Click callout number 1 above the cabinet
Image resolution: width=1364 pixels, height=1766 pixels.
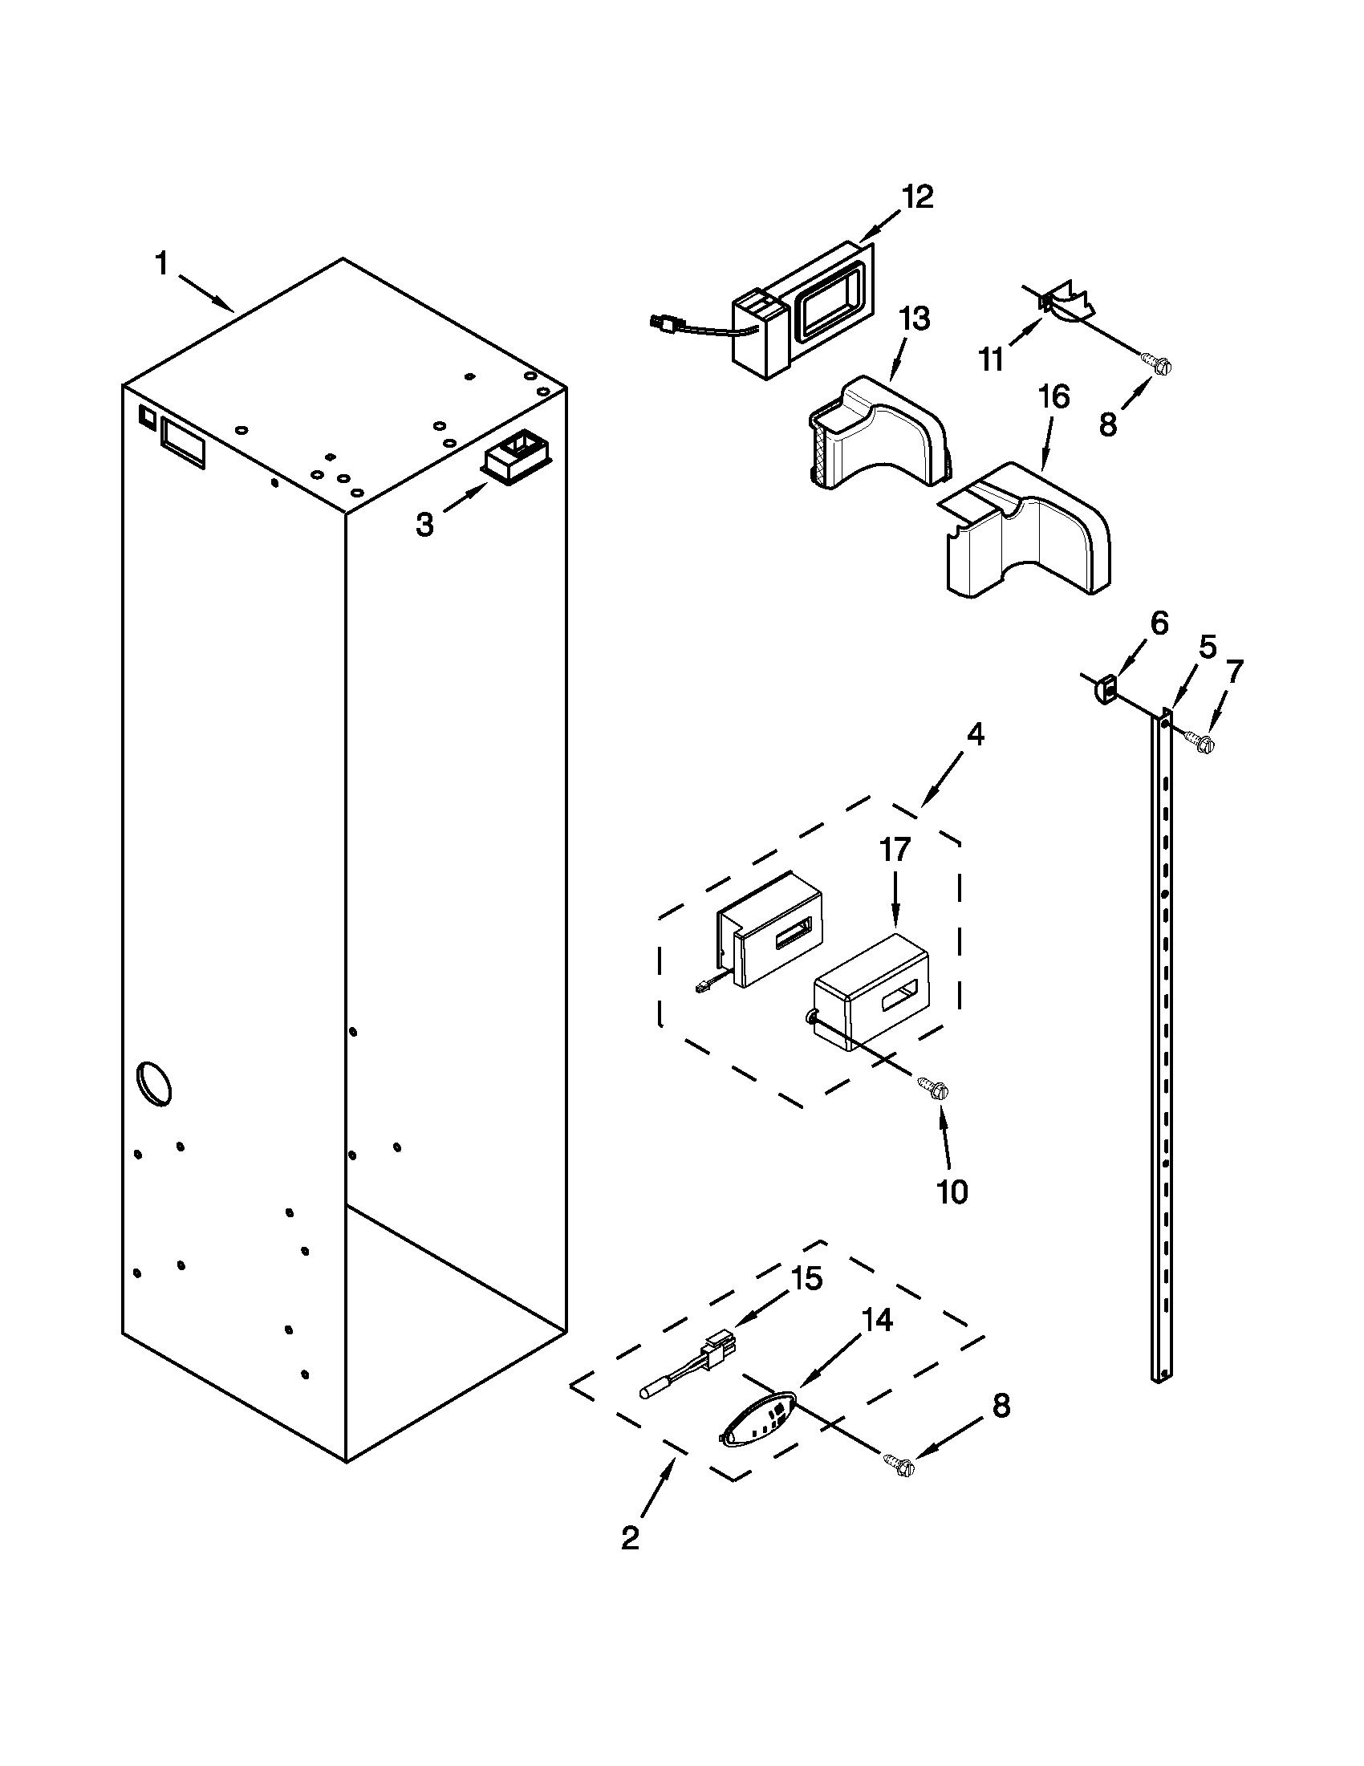[162, 264]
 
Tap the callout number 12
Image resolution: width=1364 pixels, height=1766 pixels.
[917, 197]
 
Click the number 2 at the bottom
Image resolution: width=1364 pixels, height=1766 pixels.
[630, 1538]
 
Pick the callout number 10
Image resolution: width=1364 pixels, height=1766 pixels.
[952, 1191]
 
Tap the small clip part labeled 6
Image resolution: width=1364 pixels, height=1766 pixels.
[1106, 692]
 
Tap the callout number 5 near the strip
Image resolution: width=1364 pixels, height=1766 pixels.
[1206, 647]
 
